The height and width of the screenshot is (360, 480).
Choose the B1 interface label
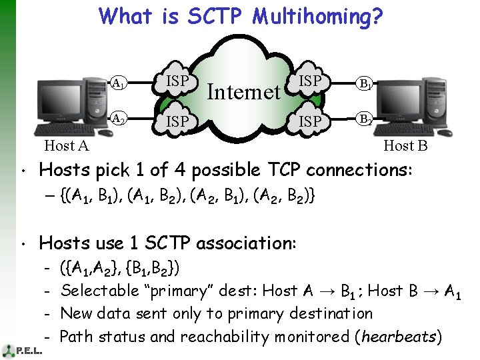(365, 84)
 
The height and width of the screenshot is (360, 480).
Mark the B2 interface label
(365, 119)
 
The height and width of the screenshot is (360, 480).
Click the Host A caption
(66, 146)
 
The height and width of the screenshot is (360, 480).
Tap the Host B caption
(405, 146)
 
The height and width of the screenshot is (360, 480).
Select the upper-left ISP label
(177, 81)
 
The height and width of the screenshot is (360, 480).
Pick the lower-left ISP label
(177, 122)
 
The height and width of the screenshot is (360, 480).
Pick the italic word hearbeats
(398, 337)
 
